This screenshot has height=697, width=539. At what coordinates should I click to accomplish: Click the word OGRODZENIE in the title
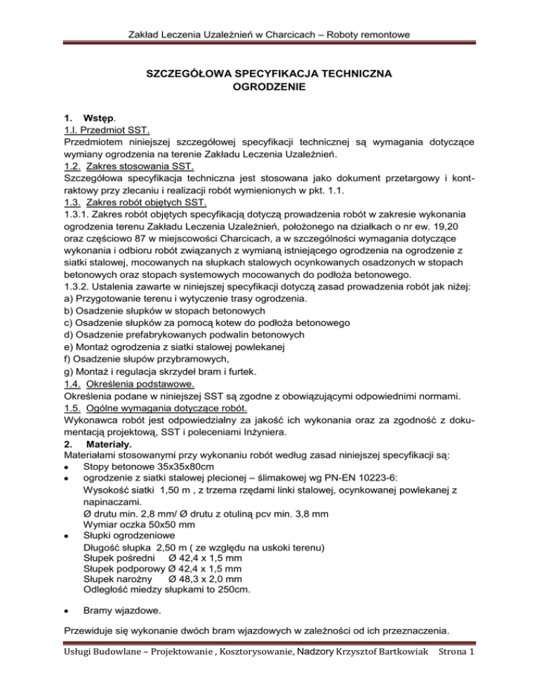[269, 88]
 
